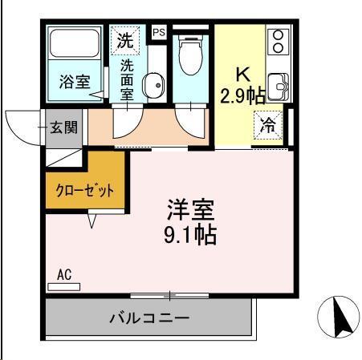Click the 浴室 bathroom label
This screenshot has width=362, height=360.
(x=73, y=81)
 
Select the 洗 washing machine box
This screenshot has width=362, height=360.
(x=125, y=38)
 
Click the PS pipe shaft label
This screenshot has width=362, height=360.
(x=159, y=32)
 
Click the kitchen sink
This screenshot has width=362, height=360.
(x=278, y=83)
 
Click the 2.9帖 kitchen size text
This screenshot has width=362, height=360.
(x=243, y=97)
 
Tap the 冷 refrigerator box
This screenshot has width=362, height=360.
(x=268, y=123)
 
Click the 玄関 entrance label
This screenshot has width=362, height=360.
(x=65, y=127)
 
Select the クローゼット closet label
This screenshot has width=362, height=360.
(x=84, y=191)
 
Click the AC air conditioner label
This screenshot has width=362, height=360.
(x=64, y=275)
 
